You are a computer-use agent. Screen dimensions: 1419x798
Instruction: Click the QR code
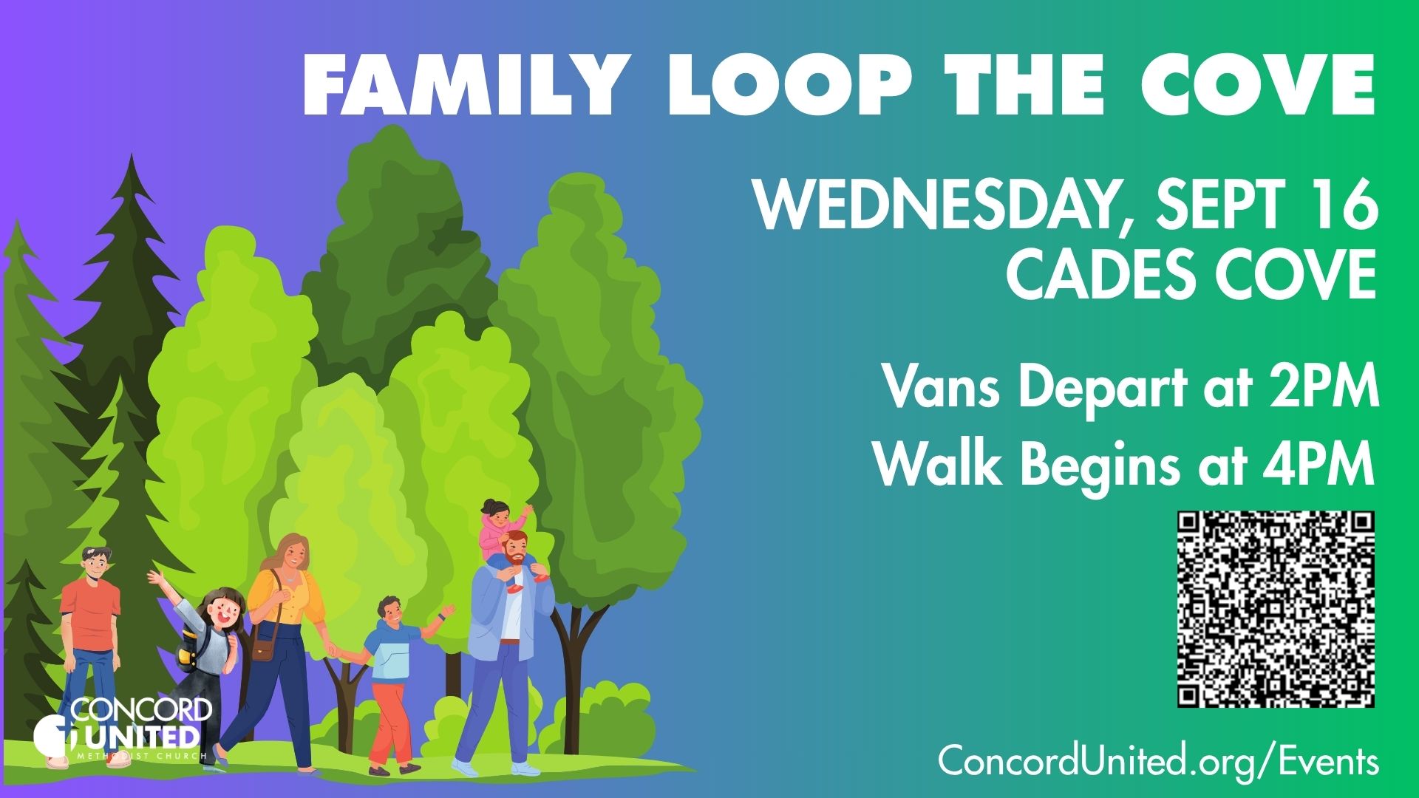tap(1276, 609)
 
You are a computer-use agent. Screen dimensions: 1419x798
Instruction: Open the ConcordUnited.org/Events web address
tap(1158, 761)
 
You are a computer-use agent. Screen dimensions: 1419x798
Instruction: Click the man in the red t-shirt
tap(90, 643)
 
